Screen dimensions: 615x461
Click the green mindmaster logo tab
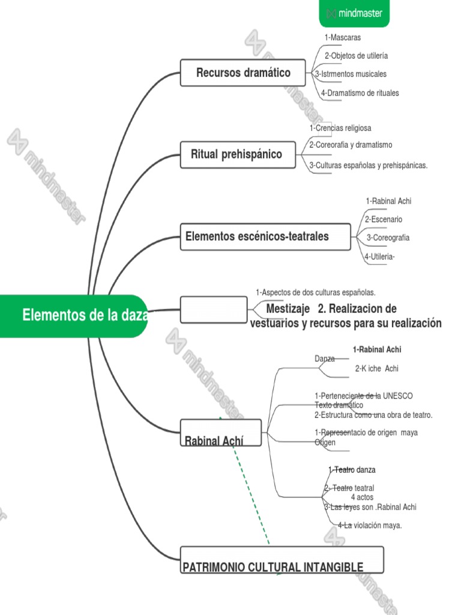coord(354,13)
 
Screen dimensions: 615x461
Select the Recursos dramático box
coord(243,73)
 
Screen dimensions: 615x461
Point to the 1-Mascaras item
coord(343,37)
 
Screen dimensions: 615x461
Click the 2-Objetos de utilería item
coord(356,56)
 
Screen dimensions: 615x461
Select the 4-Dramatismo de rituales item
coord(360,93)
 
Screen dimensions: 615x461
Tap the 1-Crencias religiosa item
coord(340,128)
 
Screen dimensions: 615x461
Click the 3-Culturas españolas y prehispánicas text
coord(369,166)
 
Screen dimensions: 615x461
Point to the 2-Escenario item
coord(383,220)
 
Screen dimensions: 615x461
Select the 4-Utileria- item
coord(379,257)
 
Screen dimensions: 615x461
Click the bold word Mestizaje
coord(288,309)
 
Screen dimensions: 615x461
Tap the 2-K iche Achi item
coord(376,369)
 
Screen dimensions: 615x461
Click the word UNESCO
coord(397,396)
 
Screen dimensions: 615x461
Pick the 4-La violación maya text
coord(370,526)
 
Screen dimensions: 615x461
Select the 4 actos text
coord(362,497)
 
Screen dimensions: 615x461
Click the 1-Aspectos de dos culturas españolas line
coord(316,292)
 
